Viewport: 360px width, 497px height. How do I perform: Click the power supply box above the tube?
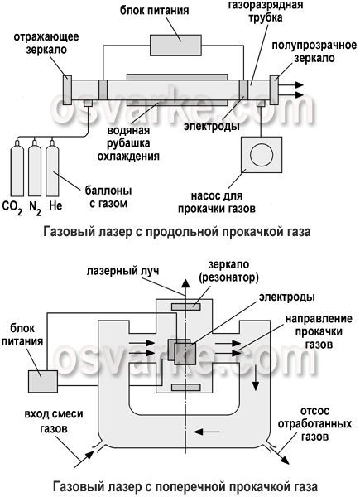[175, 46]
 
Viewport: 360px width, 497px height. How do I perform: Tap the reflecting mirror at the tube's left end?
[67, 90]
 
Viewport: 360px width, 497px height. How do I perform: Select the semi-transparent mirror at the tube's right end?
[274, 90]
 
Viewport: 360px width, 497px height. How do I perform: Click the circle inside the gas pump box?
[262, 155]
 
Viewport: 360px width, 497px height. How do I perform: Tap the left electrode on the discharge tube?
[103, 90]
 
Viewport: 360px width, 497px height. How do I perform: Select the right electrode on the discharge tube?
[243, 90]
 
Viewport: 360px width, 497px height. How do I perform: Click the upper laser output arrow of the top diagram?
[291, 85]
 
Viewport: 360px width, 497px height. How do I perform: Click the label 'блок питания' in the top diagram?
[154, 10]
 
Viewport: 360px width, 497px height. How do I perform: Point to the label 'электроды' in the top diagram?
[212, 126]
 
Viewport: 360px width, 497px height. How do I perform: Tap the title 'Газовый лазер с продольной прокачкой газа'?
[177, 232]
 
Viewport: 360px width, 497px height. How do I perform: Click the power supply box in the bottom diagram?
[43, 381]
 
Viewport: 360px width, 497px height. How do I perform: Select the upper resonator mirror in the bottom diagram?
[186, 306]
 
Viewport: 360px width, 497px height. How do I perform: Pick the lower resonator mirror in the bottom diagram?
[186, 388]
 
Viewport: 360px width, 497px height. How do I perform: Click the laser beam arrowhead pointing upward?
[185, 284]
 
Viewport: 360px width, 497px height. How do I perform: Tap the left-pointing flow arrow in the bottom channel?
[206, 432]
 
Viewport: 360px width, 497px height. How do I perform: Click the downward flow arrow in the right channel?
[255, 378]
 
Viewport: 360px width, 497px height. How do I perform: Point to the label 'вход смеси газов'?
[54, 422]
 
